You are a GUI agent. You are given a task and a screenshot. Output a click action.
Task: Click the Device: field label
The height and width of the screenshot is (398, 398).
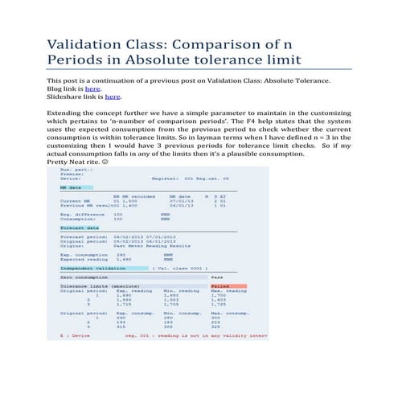click(x=70, y=177)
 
